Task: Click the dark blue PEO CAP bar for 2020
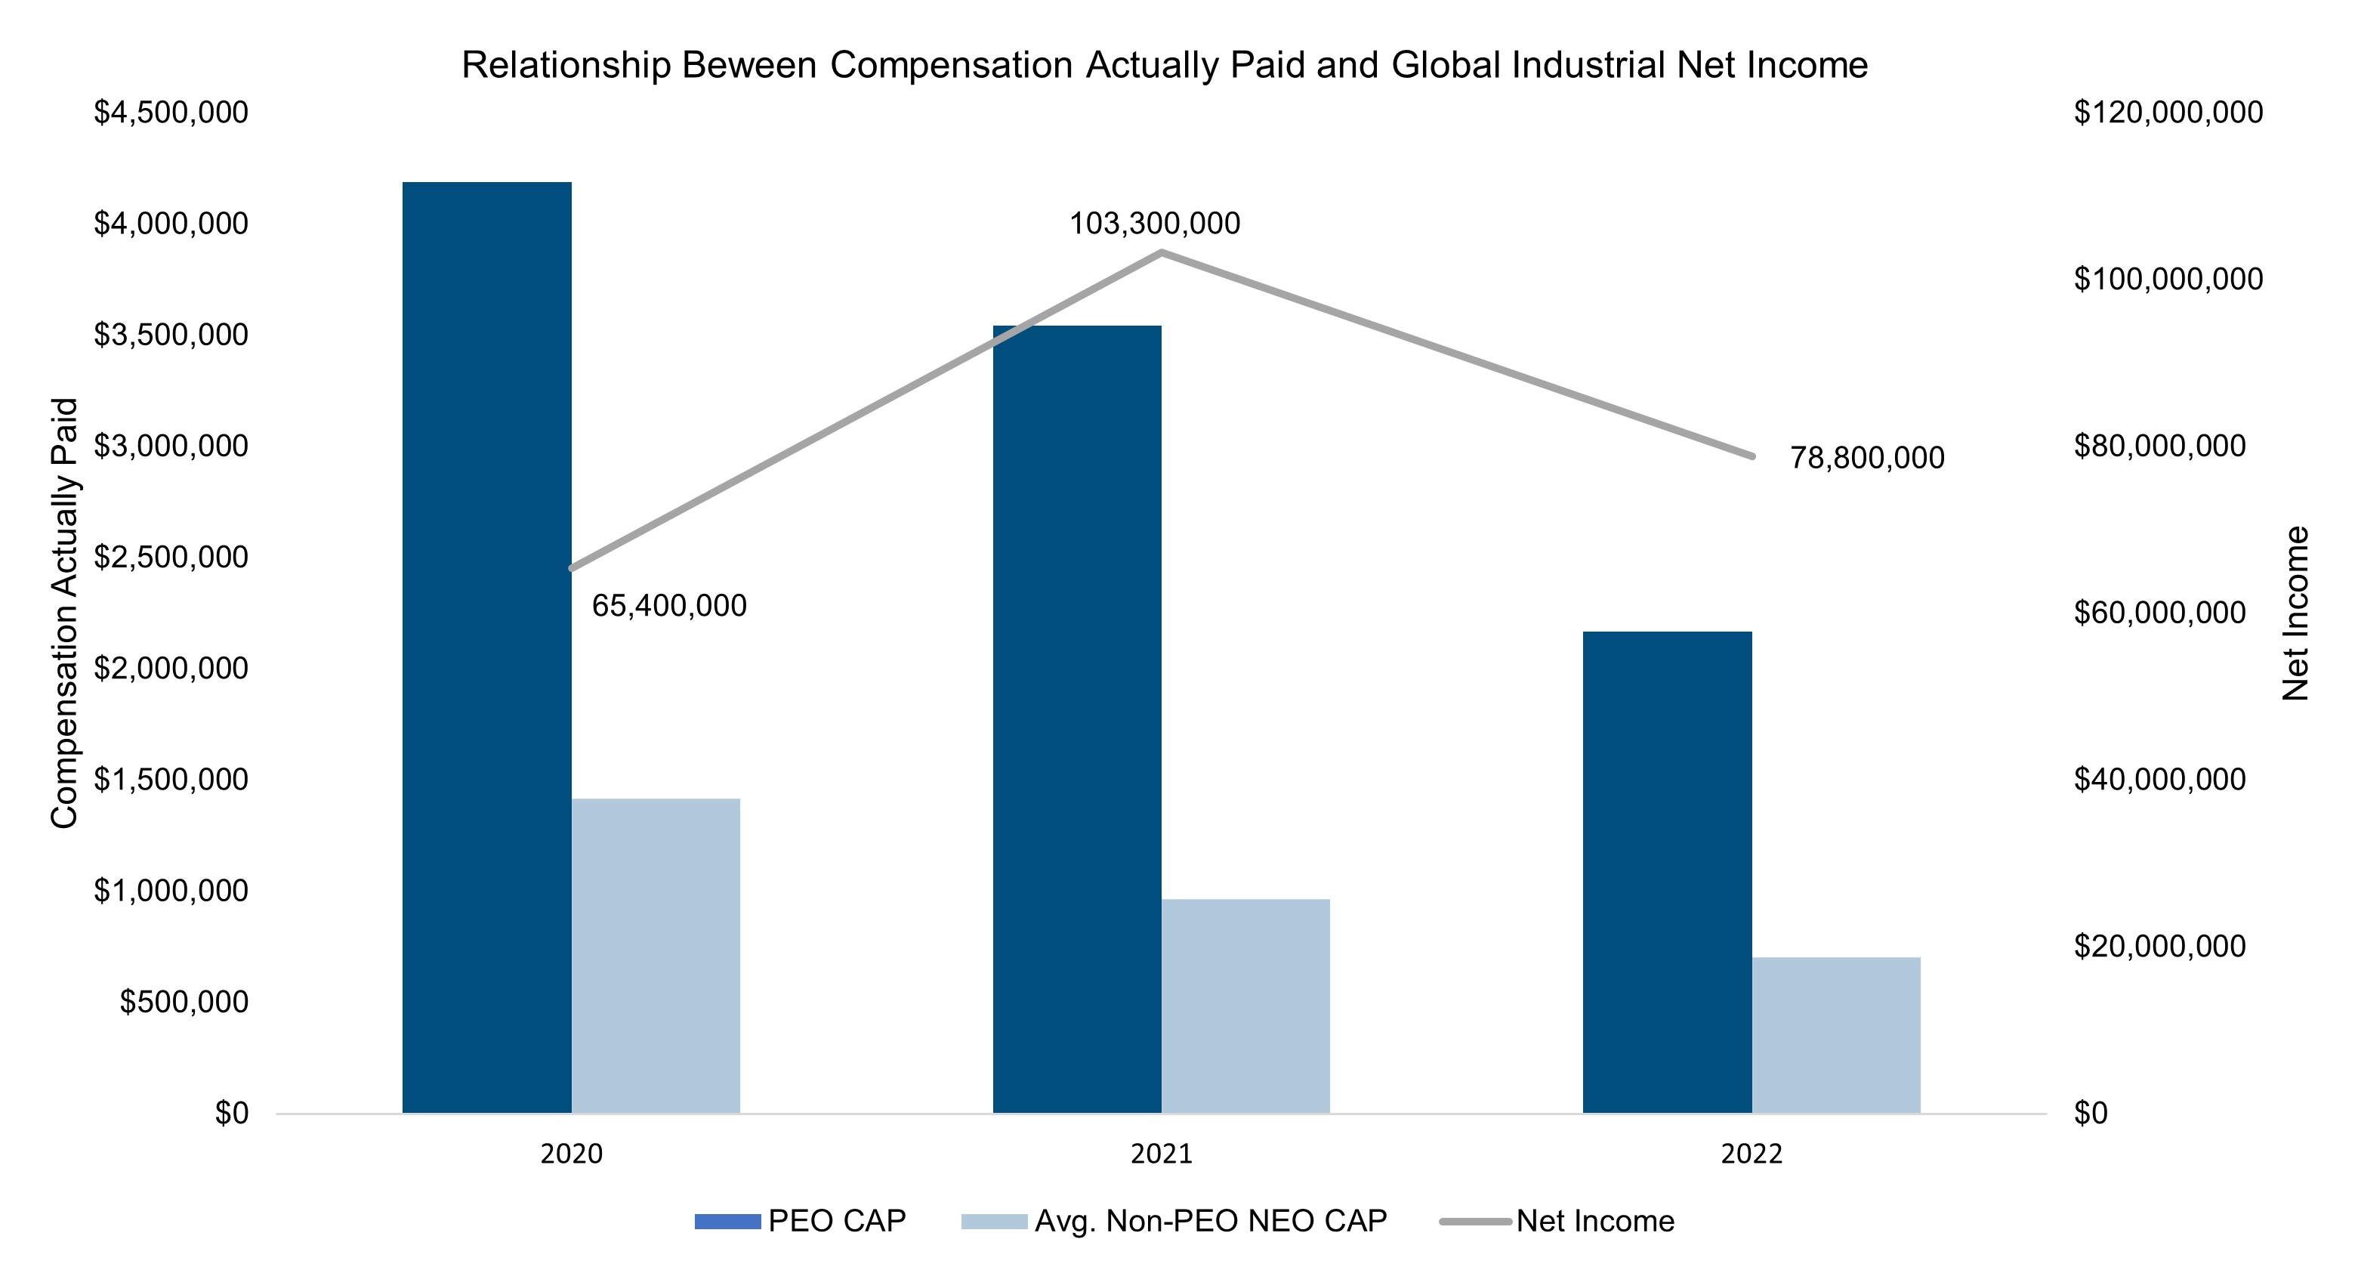pos(487,647)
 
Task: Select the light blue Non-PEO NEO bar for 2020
pos(656,956)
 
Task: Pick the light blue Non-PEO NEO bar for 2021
pos(1245,1006)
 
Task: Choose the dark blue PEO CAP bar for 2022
pos(1668,873)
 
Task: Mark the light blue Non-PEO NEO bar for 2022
pos(1836,1036)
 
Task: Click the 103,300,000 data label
pos(1155,224)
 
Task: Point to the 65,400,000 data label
pos(669,605)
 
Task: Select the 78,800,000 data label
pos(1867,458)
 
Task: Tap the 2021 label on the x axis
pos(1162,1154)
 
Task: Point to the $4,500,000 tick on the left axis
pos(171,113)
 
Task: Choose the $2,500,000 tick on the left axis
pos(171,557)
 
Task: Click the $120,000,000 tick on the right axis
pos(2168,113)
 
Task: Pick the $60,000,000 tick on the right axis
pos(2160,613)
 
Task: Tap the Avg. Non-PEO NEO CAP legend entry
pos(1174,1222)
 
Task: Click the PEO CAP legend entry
pos(800,1222)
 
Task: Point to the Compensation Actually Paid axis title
pos(64,613)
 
